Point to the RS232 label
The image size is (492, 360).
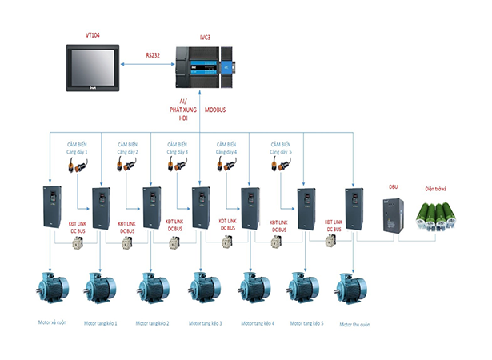pos(154,55)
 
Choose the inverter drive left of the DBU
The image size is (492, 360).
pos(354,211)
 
